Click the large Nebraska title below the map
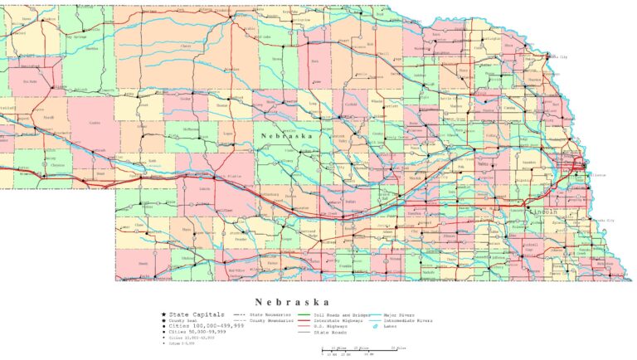(292, 302)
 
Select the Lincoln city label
(543, 212)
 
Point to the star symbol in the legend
(163, 315)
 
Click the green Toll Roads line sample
(304, 315)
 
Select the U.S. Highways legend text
(332, 326)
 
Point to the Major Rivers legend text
(400, 315)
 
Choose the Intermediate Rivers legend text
(407, 320)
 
